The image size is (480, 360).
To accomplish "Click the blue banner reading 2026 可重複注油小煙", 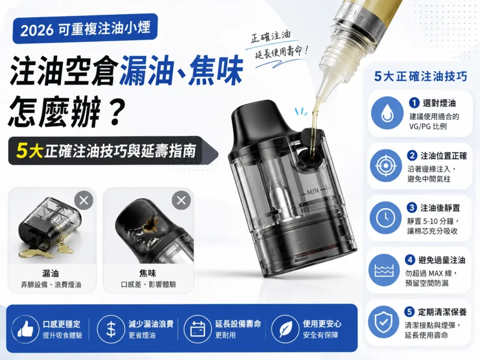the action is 85,29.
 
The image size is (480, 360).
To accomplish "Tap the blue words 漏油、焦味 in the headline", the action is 180,71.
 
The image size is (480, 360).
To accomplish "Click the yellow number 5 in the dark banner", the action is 22,150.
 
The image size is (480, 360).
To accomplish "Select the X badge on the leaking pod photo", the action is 83,201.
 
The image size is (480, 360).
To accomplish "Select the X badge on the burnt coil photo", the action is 181,201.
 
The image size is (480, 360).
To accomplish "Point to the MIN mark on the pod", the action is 313,192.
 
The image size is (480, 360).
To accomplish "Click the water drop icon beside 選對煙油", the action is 387,113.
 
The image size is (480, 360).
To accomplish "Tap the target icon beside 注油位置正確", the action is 386,165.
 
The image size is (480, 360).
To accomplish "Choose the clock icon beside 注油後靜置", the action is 386,218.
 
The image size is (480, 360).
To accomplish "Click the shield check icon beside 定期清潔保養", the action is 384,322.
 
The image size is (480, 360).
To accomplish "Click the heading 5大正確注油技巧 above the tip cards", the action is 420,76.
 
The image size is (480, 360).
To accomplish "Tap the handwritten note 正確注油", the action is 270,37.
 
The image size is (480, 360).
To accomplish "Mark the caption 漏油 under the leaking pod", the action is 51,273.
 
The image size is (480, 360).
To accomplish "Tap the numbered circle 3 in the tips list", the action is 412,208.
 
